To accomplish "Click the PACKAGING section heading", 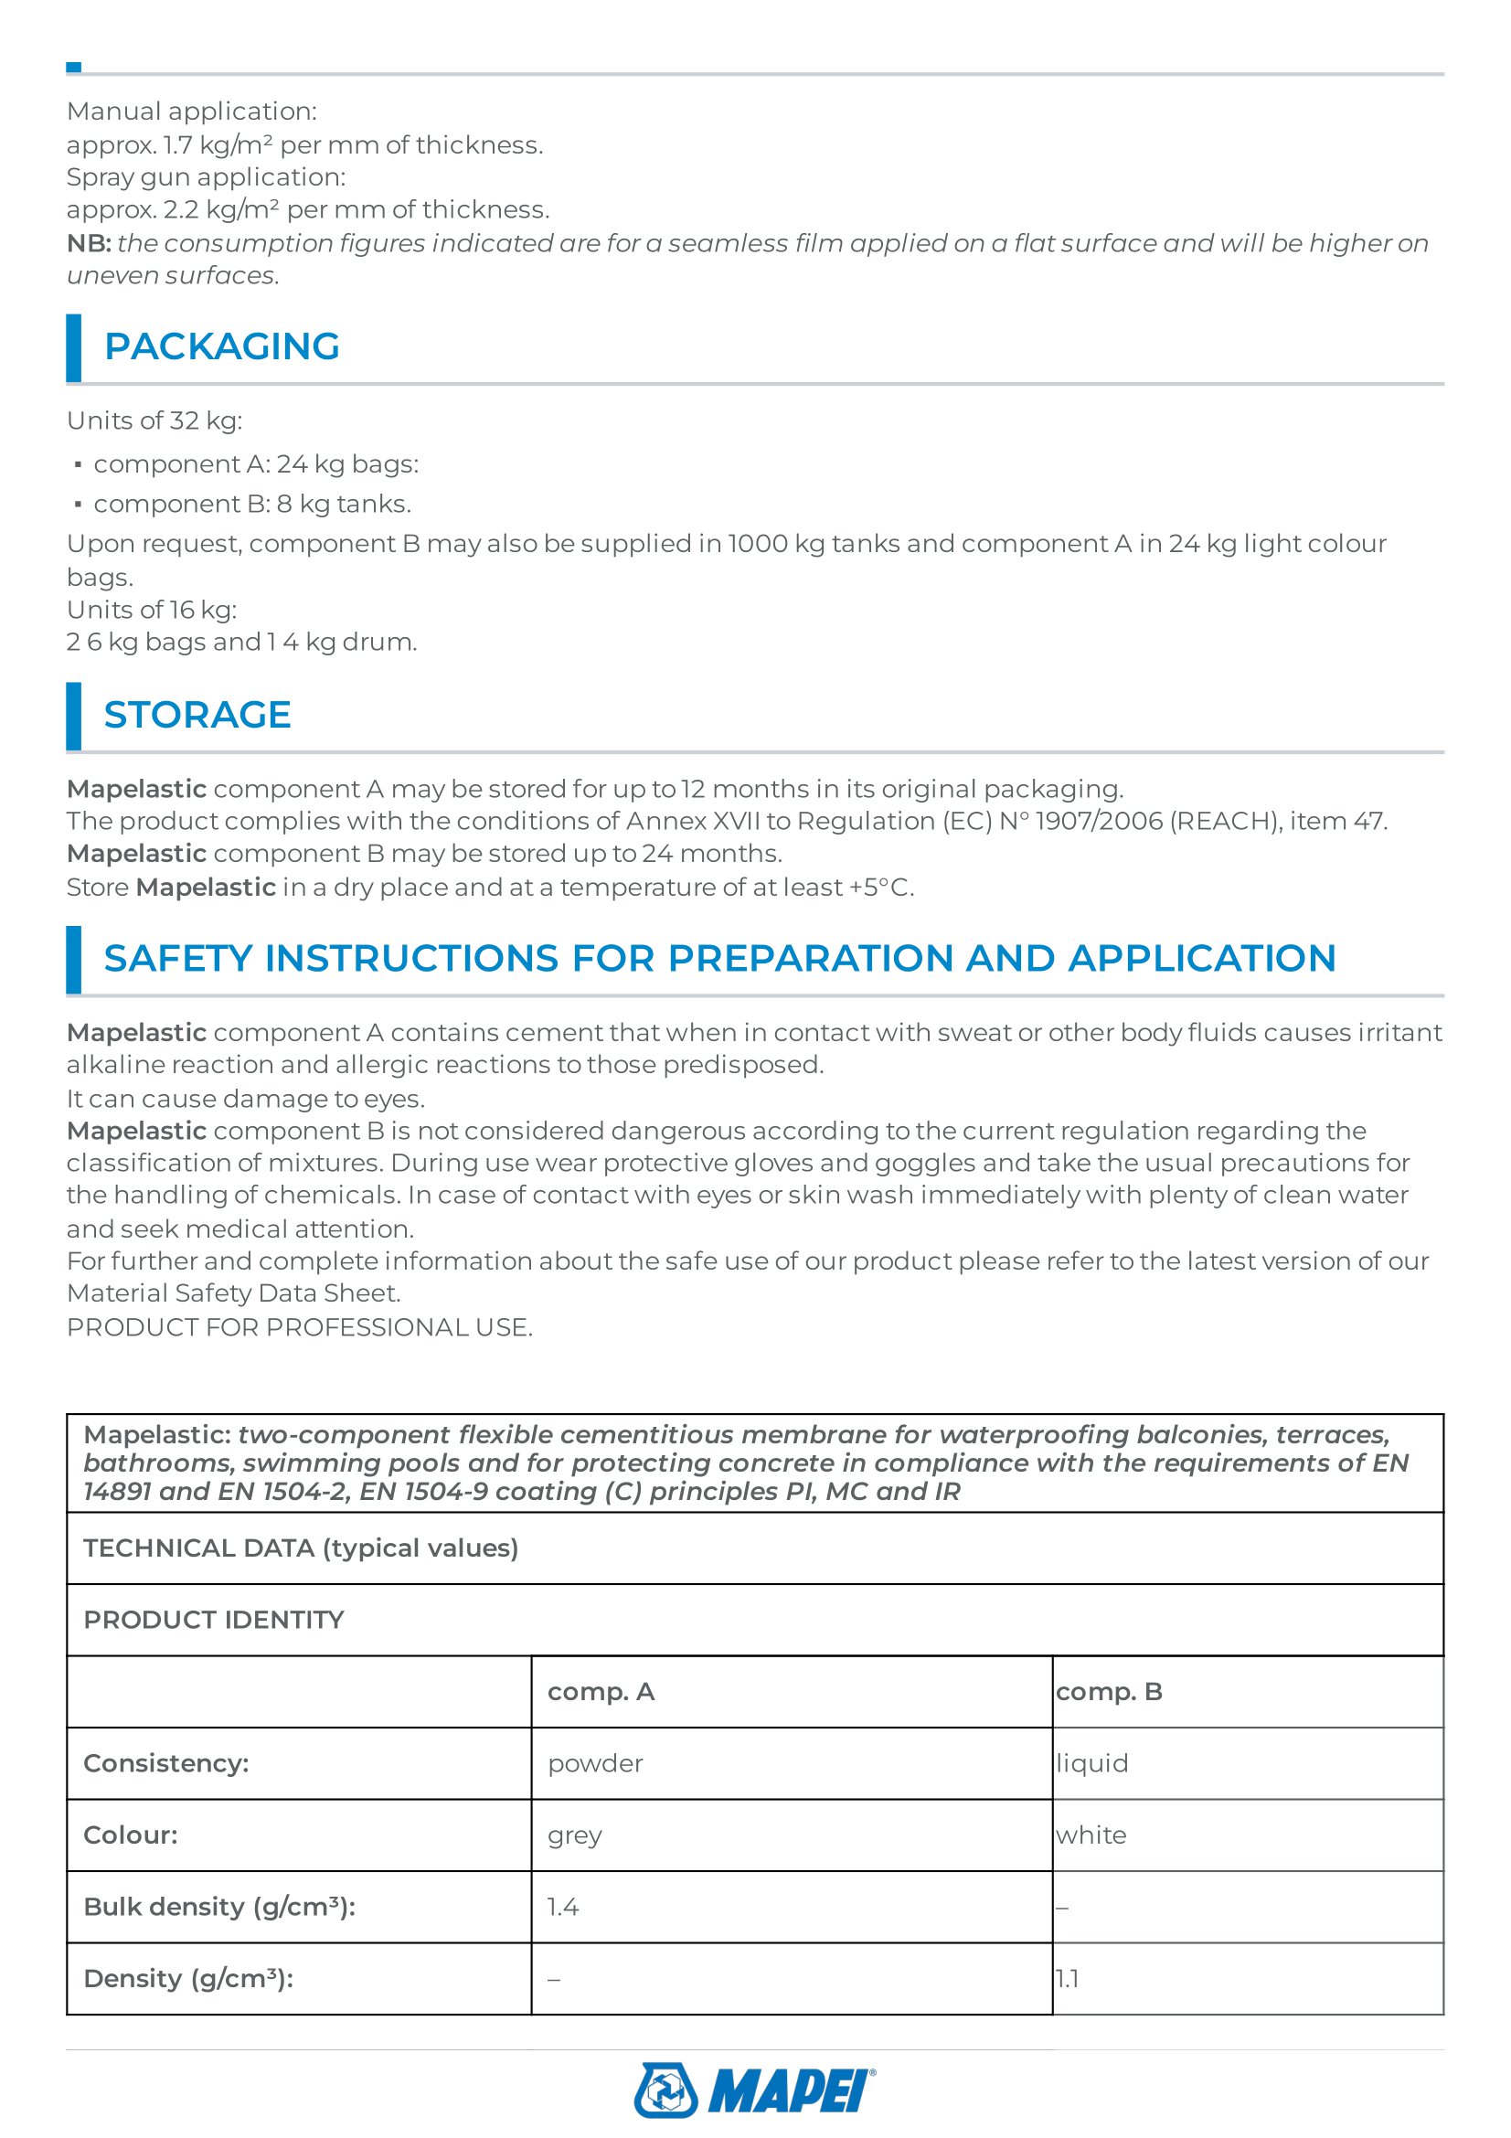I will point(221,346).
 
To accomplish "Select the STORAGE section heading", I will point(197,714).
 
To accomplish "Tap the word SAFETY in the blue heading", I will point(177,958).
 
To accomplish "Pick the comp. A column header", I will point(601,1691).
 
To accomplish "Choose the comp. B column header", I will point(1109,1691).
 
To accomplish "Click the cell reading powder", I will point(595,1762).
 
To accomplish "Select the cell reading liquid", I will point(1092,1762).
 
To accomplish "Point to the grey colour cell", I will point(574,1835).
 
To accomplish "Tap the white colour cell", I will point(1091,1835).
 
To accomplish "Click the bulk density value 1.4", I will point(562,1907).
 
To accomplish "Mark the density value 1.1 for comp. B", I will point(1067,1979).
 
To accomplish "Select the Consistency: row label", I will point(165,1762).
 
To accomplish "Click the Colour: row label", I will point(131,1835).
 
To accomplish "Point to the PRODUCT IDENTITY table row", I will point(213,1620).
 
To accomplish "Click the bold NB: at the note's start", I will point(89,243).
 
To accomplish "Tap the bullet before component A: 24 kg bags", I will point(79,463).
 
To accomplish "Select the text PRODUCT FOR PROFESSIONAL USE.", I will point(299,1327).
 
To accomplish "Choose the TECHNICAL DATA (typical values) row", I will point(301,1548).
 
